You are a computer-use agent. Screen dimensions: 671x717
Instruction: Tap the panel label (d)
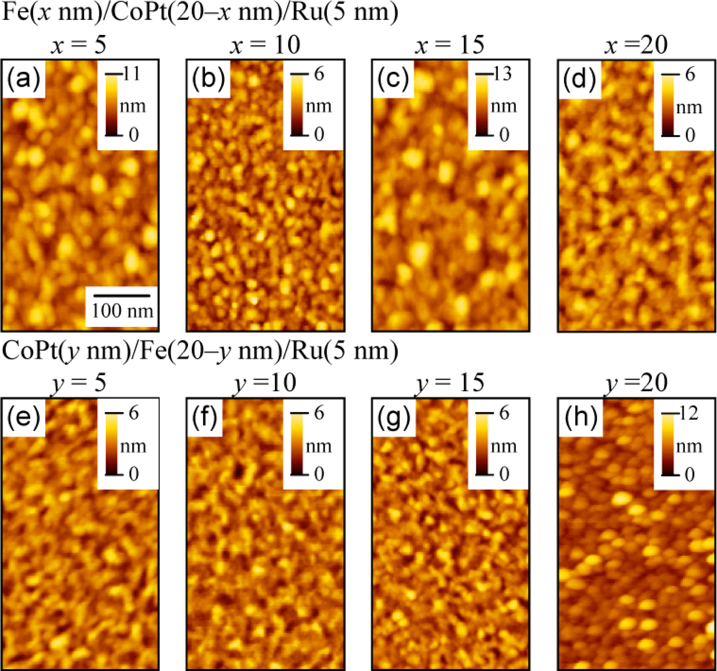579,79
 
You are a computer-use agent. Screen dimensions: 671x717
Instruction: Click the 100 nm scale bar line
122,296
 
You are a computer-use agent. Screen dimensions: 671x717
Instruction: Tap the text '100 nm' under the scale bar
122,311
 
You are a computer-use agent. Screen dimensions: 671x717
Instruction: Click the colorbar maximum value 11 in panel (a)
131,74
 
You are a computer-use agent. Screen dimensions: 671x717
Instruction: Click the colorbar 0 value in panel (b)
319,134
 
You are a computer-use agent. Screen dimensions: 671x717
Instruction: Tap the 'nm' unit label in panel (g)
503,446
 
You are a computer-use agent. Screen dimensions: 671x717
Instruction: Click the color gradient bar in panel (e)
111,444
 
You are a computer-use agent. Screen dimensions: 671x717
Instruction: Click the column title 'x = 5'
79,45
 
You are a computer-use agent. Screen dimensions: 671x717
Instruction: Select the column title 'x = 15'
450,45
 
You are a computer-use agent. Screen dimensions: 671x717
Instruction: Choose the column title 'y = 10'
265,383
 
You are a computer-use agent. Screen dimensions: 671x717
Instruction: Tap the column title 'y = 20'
636,383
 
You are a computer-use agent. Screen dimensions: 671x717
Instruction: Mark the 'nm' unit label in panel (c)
503,106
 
